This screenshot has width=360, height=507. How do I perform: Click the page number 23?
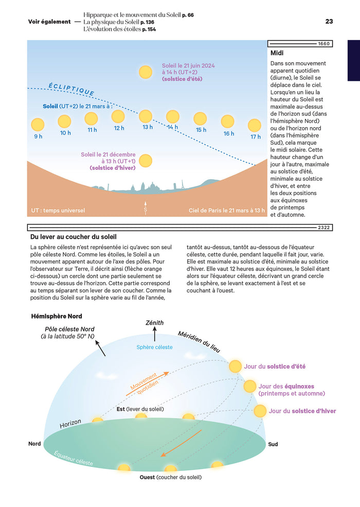(329, 22)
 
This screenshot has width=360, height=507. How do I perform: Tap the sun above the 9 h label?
(38, 124)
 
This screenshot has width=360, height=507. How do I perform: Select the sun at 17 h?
(255, 125)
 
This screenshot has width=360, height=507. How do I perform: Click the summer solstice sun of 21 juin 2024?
(146, 72)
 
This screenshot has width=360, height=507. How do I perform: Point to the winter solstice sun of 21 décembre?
(146, 161)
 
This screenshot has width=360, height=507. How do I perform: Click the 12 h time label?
(119, 128)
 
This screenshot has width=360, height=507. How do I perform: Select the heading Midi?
(277, 53)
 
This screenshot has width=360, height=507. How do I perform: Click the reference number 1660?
(324, 43)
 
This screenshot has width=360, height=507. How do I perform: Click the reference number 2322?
(324, 227)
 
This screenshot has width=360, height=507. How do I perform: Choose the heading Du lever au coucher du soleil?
(73, 237)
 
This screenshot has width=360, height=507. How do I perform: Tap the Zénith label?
(154, 323)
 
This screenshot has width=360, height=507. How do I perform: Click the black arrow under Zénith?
(154, 335)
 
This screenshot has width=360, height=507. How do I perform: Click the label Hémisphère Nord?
(57, 316)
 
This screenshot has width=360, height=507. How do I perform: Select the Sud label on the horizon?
(273, 444)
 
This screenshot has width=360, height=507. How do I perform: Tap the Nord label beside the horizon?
(34, 443)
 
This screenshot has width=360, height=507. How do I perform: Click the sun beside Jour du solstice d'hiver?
(260, 411)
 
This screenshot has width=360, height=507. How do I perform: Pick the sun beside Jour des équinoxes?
(250, 386)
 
